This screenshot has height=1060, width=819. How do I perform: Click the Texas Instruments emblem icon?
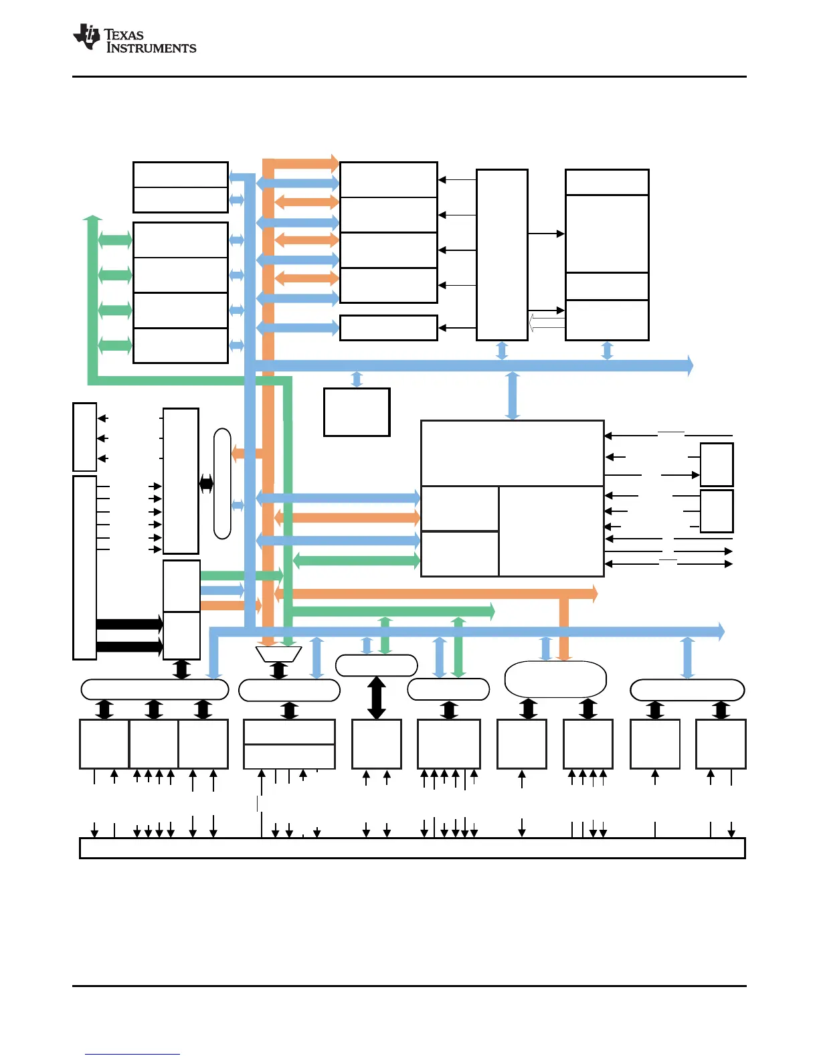pos(87,37)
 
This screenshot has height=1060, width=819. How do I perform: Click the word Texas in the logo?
pos(124,35)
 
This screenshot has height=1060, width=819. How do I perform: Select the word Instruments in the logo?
pos(152,48)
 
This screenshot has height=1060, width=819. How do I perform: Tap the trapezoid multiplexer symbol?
pos(279,654)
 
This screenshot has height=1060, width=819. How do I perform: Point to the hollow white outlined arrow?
pos(546,324)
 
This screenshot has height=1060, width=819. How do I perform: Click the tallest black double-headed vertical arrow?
pos(377,698)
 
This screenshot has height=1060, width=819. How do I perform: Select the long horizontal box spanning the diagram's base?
pos(412,848)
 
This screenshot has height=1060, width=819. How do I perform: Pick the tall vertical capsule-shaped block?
pos(222,484)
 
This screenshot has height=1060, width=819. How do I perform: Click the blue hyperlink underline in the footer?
pos(132,1054)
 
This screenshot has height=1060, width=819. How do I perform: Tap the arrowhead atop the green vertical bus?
pos(92,219)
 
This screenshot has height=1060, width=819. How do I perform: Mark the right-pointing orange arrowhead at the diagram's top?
pos(335,163)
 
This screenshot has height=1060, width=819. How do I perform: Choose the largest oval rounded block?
pos(555,679)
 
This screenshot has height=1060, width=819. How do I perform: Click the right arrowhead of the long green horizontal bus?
pos(490,611)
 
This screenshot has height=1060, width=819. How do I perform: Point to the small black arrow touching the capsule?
pos(206,484)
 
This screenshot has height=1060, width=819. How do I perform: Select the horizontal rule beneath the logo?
pos(409,76)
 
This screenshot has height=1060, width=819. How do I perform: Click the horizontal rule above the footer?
pos(409,986)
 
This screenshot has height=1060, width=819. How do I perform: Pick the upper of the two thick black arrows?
pos(130,624)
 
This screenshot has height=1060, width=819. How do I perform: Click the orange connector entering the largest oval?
pos(564,629)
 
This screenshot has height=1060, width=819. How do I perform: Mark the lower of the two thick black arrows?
pos(130,646)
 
